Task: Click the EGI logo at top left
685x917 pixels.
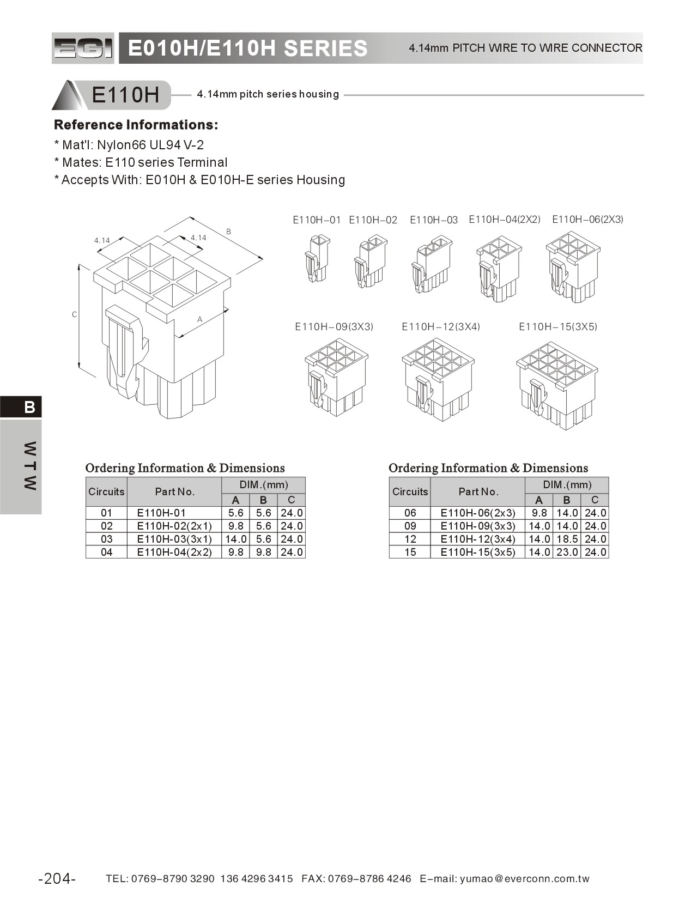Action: tap(83, 48)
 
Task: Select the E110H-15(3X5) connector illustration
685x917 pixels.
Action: tap(556, 384)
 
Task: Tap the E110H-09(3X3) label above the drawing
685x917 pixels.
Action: tap(334, 327)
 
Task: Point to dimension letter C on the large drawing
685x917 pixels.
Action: tap(75, 314)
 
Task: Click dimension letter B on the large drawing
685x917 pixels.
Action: tap(228, 232)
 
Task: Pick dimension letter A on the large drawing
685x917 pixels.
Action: tap(199, 319)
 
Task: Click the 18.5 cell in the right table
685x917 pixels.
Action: tap(566, 539)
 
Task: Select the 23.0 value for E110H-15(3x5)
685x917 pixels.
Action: tap(566, 552)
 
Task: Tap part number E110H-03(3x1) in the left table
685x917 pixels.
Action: tap(174, 539)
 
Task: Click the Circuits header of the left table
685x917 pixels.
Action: tap(106, 491)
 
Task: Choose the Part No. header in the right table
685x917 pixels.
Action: tap(478, 491)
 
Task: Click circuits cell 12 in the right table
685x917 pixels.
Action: tap(410, 539)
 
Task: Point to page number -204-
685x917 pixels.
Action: tap(57, 879)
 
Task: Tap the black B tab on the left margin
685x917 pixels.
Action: tap(29, 407)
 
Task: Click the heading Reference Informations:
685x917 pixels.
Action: tap(136, 125)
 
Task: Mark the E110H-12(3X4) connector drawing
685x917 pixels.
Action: tap(438, 379)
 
